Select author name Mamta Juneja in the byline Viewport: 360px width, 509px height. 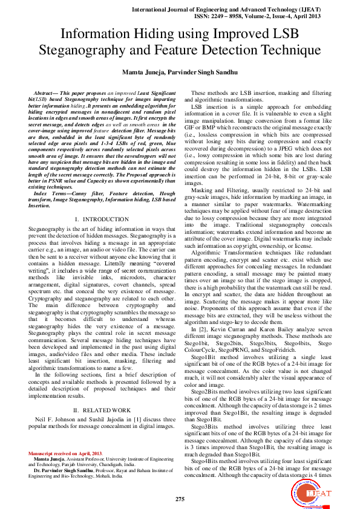(x=145, y=73)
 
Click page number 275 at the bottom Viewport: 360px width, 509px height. (x=180, y=499)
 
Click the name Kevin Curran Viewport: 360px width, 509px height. (x=224, y=328)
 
